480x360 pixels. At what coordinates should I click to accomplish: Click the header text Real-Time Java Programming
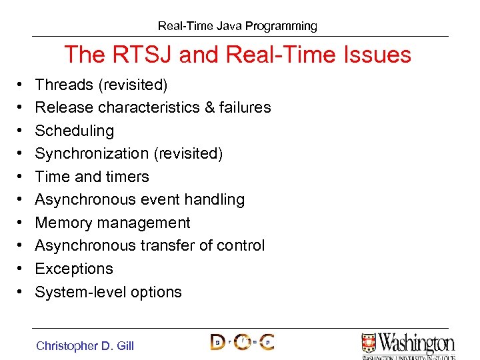[237, 26]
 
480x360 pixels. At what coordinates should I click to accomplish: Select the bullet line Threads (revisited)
[101, 85]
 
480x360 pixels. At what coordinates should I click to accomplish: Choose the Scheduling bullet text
[74, 131]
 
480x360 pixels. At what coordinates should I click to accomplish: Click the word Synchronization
[91, 154]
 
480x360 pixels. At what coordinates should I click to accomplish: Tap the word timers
[129, 177]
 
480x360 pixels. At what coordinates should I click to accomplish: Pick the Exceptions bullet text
[73, 269]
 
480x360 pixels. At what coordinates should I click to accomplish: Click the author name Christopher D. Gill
[85, 345]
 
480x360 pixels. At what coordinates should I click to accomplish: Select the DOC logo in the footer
[242, 342]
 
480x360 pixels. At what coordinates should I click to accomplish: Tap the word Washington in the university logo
[417, 343]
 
